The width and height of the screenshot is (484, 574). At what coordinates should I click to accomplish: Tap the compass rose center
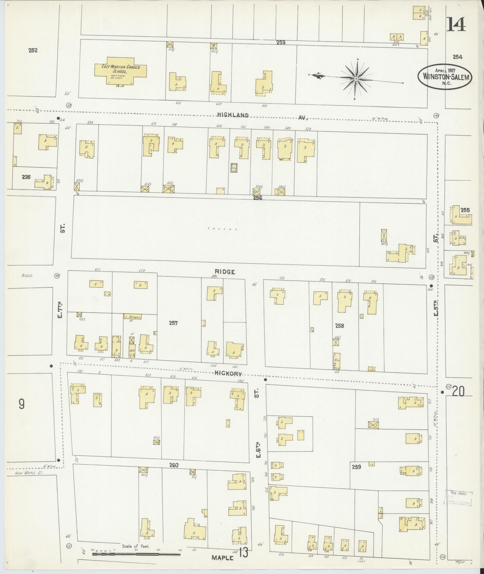point(356,79)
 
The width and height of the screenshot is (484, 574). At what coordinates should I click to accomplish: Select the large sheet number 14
point(457,25)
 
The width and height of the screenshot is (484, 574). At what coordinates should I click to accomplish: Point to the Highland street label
point(233,115)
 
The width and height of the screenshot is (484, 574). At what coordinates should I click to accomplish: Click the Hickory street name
point(228,374)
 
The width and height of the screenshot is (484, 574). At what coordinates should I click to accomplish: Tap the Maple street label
point(223,557)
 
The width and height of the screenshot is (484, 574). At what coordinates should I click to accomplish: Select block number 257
point(173,323)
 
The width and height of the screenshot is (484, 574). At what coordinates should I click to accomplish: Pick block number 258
point(340,326)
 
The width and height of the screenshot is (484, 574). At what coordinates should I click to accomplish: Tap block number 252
point(33,50)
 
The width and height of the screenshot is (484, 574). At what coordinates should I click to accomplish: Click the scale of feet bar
point(136,554)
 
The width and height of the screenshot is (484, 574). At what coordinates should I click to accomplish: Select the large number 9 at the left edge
point(22,405)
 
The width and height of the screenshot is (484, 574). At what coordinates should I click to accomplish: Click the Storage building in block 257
point(132,317)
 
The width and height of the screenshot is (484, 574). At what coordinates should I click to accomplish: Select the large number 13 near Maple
point(244,553)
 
